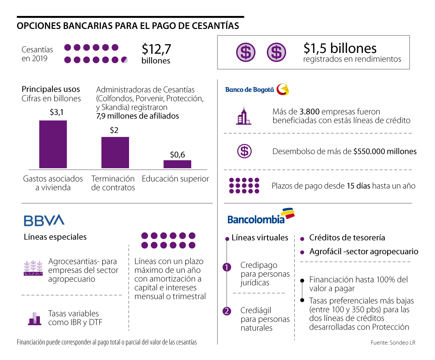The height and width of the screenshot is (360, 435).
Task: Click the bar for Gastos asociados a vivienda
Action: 53,144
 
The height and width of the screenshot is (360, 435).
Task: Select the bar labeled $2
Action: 115,152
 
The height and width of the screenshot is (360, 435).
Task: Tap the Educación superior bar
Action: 177,164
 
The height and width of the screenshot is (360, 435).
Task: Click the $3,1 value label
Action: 57,112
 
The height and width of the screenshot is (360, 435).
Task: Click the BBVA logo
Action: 44,220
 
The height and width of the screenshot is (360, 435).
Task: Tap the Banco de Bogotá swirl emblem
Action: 282,90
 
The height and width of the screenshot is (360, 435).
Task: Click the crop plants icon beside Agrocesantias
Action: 34,268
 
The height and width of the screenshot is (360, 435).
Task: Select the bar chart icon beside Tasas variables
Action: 34,318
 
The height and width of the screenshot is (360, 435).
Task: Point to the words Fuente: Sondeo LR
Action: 393,343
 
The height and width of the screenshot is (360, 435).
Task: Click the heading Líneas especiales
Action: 55,237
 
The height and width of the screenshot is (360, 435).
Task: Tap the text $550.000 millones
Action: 385,152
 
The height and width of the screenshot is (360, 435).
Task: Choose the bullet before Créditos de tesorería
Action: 302,239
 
